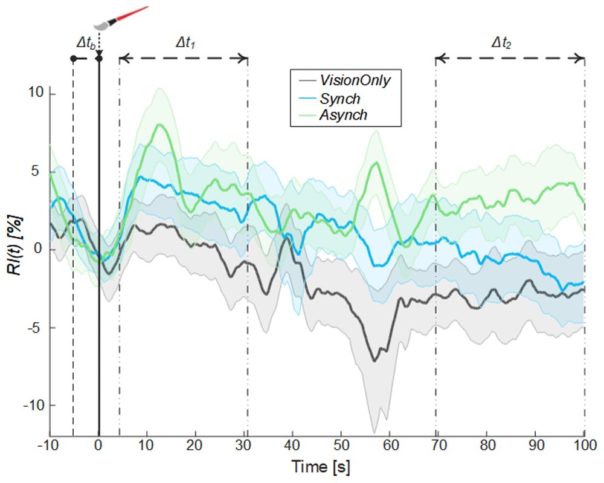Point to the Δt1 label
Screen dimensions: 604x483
click(x=185, y=42)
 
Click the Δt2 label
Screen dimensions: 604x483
click(x=501, y=42)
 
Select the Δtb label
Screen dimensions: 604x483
click(x=86, y=43)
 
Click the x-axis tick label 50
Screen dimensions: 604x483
click(x=341, y=446)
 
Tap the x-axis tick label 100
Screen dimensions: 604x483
click(x=585, y=446)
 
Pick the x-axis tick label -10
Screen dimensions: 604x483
click(x=48, y=446)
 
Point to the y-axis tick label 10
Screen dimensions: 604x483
click(x=36, y=92)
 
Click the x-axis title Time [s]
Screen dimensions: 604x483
click(x=321, y=467)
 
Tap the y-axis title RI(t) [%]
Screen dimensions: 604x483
click(x=15, y=245)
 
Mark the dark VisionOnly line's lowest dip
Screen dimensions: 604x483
click(x=374, y=361)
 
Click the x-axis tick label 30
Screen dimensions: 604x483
click(x=243, y=446)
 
